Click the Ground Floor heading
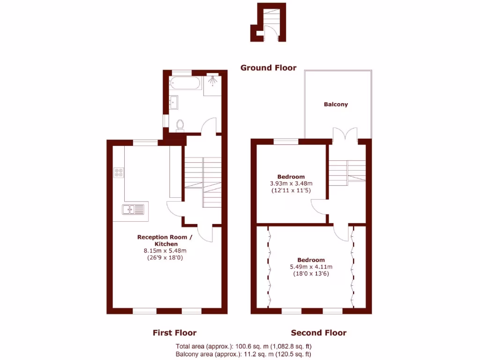(268, 67)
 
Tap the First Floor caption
(174, 333)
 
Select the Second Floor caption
(319, 333)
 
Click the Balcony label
(336, 105)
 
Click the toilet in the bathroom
(180, 124)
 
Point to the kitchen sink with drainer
(134, 210)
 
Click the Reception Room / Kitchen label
(164, 240)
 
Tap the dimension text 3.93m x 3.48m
(291, 183)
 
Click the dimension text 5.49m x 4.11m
(311, 267)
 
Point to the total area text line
(243, 346)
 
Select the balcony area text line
(243, 354)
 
